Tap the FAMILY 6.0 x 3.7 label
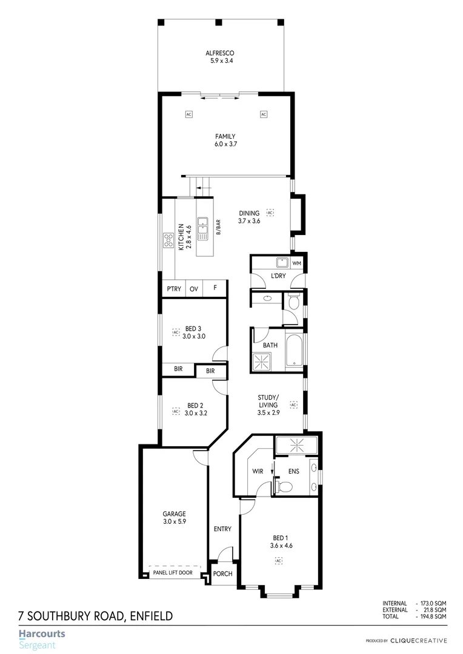pos(225,140)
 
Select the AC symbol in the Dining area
pos(270,213)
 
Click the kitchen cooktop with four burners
pos(168,241)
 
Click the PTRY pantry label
pos(174,289)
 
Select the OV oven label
pos(194,289)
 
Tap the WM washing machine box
pos(296,263)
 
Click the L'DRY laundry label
pos(278,276)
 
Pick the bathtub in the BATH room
pos(294,351)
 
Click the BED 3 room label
pos(193,332)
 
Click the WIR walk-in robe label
pos(257,471)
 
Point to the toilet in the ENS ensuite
pos(282,486)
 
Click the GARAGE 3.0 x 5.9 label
pos(174,518)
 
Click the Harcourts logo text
pos(41,635)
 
